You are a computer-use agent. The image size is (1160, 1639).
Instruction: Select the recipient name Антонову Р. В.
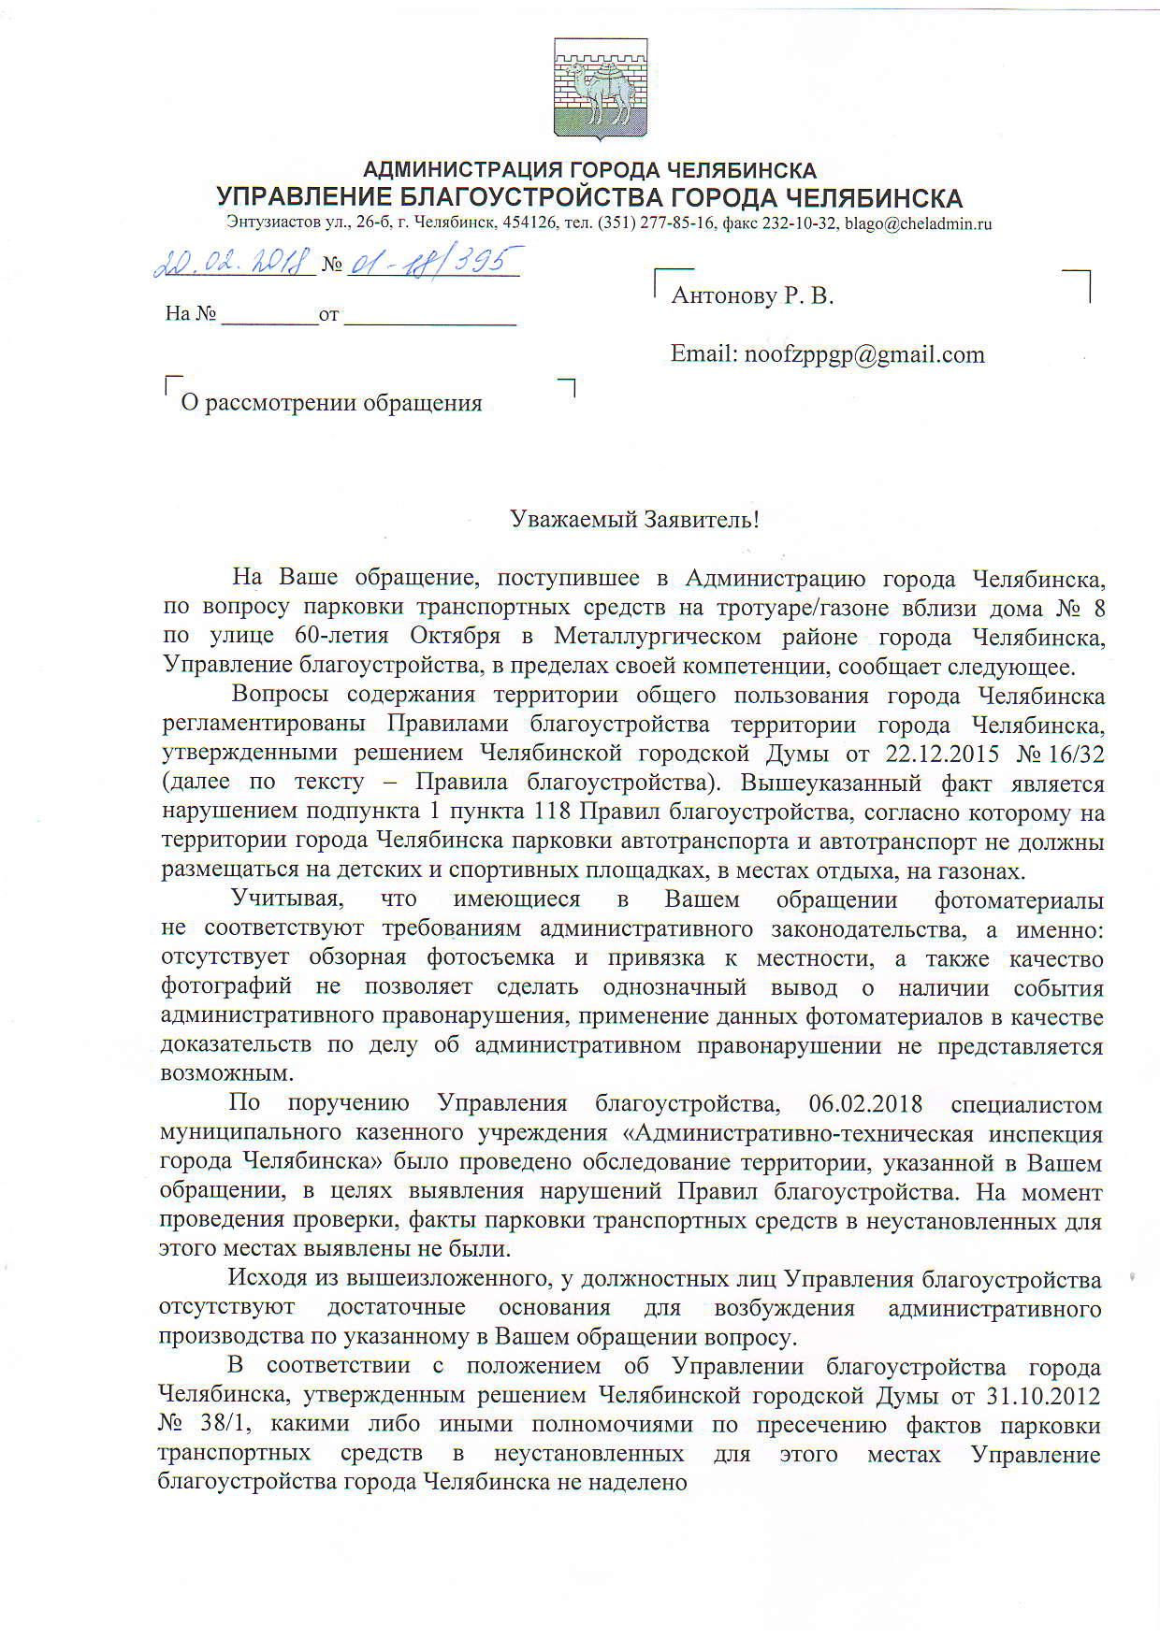pyautogui.click(x=752, y=296)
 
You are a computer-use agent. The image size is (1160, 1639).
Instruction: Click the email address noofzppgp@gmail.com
pyautogui.click(x=862, y=354)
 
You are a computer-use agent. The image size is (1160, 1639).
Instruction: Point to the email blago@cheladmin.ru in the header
pyautogui.click(x=917, y=224)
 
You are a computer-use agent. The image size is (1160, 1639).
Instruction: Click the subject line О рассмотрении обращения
pyautogui.click(x=331, y=403)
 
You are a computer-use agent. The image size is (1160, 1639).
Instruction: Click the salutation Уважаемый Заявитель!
pyautogui.click(x=634, y=519)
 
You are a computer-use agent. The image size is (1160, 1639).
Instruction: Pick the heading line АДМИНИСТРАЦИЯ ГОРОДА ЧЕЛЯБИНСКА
pyautogui.click(x=589, y=170)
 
